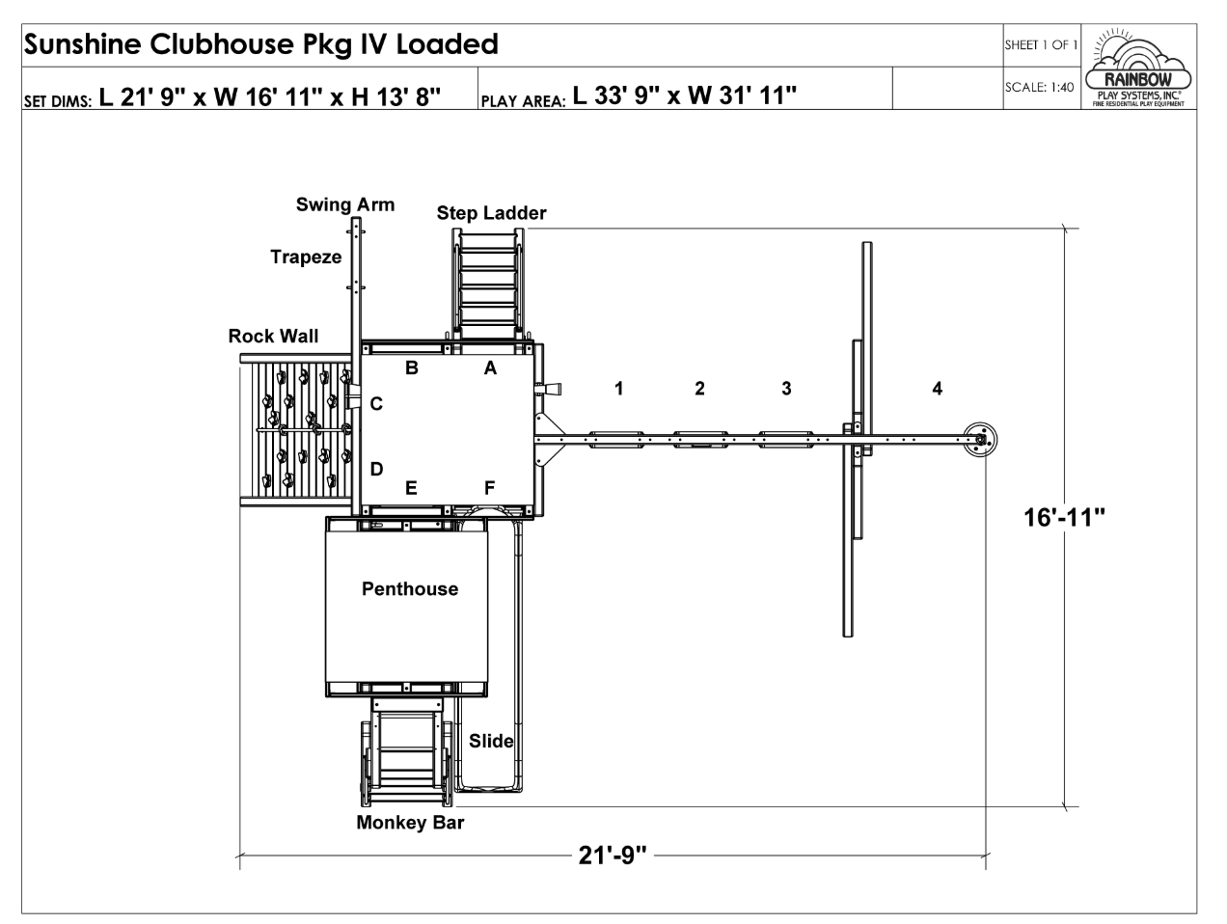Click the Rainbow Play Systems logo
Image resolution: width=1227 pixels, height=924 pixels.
tap(1137, 67)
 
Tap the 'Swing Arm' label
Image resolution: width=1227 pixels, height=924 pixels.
tap(345, 204)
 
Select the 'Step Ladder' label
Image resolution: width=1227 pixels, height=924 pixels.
tap(491, 213)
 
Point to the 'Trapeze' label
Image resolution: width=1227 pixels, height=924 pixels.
tap(306, 258)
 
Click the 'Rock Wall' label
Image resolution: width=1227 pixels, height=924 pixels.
tap(273, 336)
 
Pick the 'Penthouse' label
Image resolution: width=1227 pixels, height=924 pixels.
tap(410, 588)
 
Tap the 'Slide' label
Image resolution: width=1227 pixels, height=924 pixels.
tap(491, 741)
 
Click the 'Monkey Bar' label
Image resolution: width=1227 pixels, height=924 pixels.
tap(410, 823)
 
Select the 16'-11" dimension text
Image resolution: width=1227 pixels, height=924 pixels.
tap(1064, 518)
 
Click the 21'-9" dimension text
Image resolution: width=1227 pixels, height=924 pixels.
tap(613, 856)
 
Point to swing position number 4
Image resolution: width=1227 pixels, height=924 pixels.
tap(938, 389)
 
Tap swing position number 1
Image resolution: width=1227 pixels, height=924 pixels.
tap(619, 389)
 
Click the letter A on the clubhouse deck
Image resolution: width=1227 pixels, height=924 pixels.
tap(490, 367)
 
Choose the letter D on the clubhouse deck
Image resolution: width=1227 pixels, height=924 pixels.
tap(377, 469)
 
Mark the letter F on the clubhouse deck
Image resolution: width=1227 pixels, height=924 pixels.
tap(489, 488)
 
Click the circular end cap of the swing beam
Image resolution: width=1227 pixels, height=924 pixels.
tap(980, 440)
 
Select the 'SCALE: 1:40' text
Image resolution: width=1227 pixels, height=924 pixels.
tap(1039, 87)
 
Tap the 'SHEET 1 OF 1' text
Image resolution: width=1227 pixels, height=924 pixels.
tap(1041, 44)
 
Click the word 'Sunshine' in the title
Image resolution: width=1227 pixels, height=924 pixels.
tap(83, 43)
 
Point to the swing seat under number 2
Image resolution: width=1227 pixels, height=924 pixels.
tap(700, 440)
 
